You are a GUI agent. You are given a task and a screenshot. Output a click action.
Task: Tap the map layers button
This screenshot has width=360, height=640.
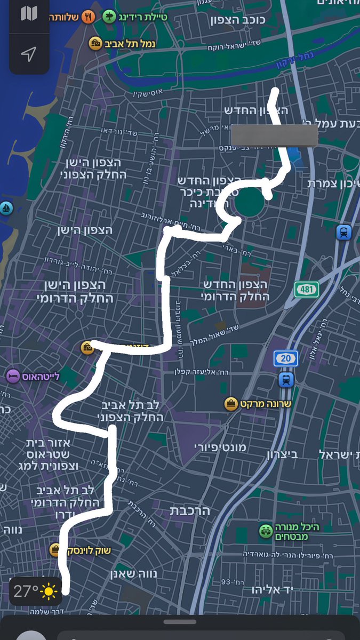29,14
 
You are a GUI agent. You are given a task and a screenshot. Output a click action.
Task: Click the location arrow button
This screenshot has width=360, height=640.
29,54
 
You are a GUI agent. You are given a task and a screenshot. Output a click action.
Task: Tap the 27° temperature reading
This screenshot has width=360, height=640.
26,591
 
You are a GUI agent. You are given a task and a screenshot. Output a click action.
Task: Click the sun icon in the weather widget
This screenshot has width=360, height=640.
49,591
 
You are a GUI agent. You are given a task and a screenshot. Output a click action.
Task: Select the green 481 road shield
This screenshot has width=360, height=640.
307,290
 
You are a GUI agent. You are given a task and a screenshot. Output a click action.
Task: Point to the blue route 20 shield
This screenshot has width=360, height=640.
286,358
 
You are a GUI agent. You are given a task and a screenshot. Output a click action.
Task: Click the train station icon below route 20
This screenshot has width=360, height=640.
286,380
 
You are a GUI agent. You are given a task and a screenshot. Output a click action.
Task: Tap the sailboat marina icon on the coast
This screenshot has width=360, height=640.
6,208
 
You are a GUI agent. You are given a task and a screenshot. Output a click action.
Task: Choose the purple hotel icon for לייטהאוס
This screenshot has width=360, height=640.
13,376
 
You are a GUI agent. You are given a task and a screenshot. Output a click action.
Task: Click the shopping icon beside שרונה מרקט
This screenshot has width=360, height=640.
230,404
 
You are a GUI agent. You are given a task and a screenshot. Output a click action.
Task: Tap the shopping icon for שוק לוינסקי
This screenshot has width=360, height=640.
55,550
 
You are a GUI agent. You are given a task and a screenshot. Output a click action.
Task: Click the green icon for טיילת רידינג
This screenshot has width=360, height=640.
109,17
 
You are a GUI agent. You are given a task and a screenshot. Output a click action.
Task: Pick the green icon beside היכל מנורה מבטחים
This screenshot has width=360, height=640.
266,531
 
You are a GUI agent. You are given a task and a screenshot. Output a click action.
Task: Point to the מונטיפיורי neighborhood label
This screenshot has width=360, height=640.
220,447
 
